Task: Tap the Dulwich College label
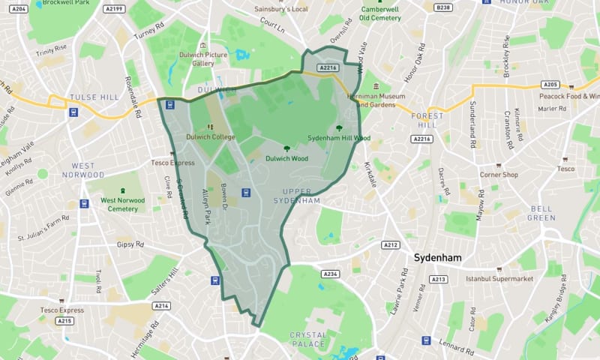(x=211, y=136)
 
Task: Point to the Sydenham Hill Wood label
(x=339, y=138)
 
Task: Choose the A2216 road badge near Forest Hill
(x=421, y=139)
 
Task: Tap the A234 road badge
(x=331, y=274)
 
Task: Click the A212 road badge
(x=391, y=244)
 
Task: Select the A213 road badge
(x=439, y=280)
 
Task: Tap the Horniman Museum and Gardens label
(x=375, y=100)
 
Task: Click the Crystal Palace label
(x=307, y=339)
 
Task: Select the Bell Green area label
(x=541, y=213)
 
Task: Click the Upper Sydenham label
(x=291, y=196)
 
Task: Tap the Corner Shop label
(x=499, y=175)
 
